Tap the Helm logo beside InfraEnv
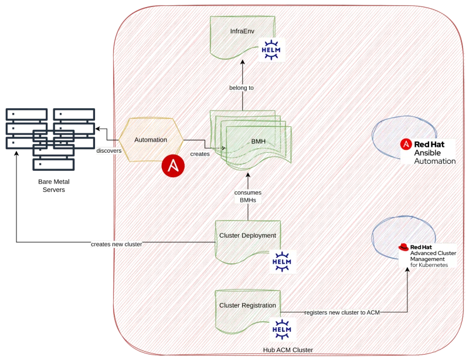[273, 50]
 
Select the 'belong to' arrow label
[241, 88]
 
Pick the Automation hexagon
[150, 140]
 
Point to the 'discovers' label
[108, 150]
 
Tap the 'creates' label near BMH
[199, 154]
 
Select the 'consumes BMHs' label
[247, 196]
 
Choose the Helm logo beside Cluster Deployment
[283, 262]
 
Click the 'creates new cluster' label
[116, 243]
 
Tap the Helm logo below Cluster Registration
[283, 330]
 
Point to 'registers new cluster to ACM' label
[342, 312]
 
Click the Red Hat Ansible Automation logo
[427, 152]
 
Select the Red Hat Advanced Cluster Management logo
[427, 256]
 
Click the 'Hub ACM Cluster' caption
[288, 349]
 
